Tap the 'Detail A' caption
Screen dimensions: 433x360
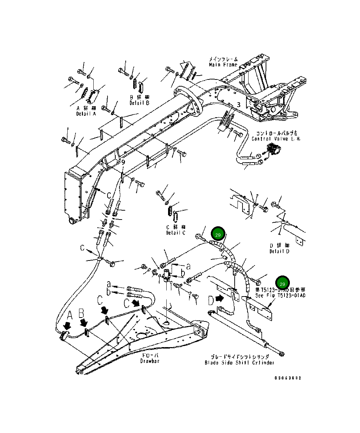[86, 114]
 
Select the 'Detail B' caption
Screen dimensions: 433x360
[139, 103]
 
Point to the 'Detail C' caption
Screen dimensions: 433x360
[176, 233]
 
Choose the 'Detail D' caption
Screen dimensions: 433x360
[279, 251]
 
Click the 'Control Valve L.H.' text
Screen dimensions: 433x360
[276, 139]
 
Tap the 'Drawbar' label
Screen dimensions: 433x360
[150, 361]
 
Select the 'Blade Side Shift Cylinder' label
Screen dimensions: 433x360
[239, 363]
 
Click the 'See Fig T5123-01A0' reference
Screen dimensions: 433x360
[280, 295]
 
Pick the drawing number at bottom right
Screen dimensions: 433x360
[288, 378]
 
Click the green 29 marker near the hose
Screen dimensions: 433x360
[218, 234]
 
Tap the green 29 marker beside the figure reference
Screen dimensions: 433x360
[282, 284]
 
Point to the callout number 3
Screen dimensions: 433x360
[239, 105]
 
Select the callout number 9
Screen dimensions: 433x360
[123, 162]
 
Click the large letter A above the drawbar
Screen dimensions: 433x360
[70, 315]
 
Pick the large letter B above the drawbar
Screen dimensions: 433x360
[81, 314]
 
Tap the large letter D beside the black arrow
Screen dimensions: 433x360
[211, 300]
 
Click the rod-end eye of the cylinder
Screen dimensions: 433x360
[283, 354]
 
